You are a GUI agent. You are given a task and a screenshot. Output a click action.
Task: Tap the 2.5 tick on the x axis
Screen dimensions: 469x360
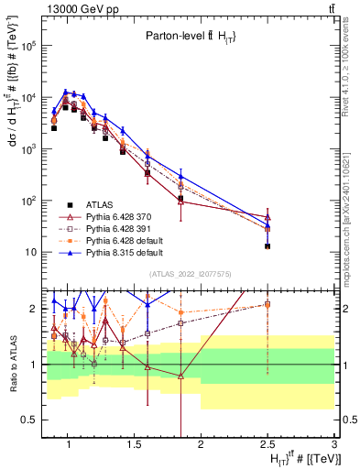(267, 448)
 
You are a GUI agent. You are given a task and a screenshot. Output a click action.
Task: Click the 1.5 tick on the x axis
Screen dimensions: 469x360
(131, 448)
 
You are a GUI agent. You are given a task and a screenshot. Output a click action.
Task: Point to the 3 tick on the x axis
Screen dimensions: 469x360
(335, 448)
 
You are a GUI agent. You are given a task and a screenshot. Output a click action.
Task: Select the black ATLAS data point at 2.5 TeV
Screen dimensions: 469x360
(267, 245)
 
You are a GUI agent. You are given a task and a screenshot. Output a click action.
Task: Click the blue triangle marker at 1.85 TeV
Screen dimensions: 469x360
(181, 177)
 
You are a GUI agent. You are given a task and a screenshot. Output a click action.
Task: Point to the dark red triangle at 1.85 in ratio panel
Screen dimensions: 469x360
(181, 376)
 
